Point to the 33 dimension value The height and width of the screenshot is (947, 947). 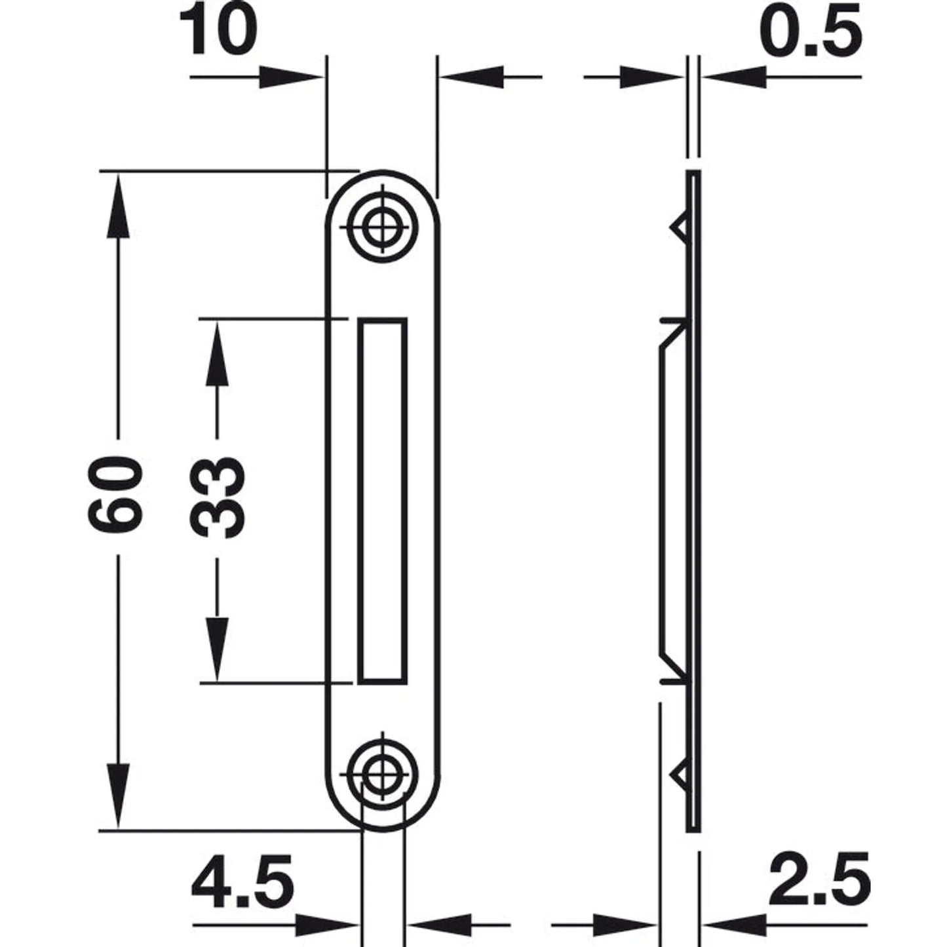(x=217, y=497)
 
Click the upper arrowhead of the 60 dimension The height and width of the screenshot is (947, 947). (x=118, y=207)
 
